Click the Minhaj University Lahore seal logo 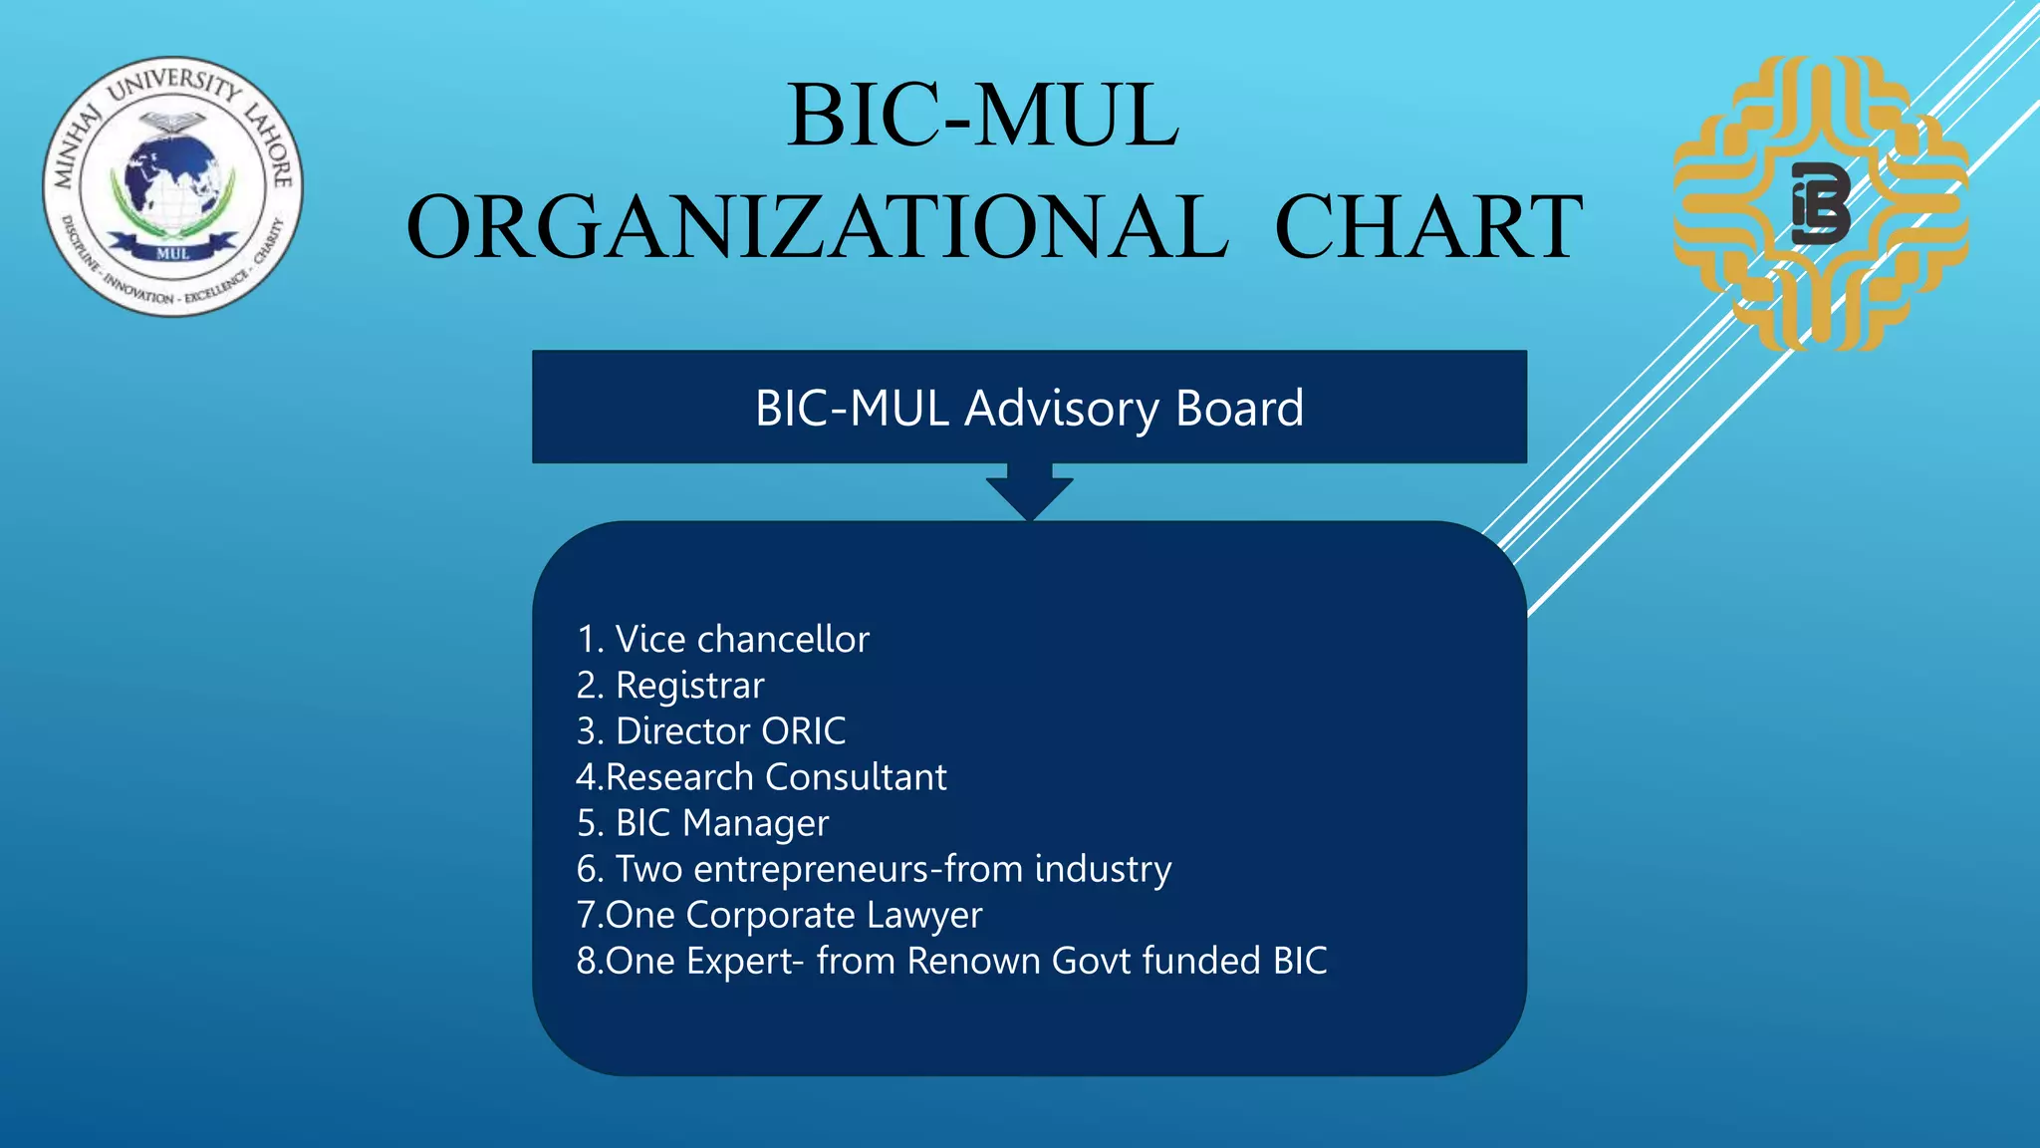pyautogui.click(x=173, y=186)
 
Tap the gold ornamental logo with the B pyautogui.click(x=1821, y=203)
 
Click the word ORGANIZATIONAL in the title pyautogui.click(x=817, y=227)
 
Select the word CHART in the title pyautogui.click(x=1428, y=227)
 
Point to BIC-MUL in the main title pyautogui.click(x=983, y=116)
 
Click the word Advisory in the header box pyautogui.click(x=1062, y=408)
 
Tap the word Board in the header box pyautogui.click(x=1239, y=408)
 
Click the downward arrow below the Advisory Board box pyautogui.click(x=1029, y=492)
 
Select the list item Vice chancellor pyautogui.click(x=723, y=639)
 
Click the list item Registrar pyautogui.click(x=670, y=686)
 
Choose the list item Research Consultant pyautogui.click(x=762, y=777)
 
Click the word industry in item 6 pyautogui.click(x=1103, y=869)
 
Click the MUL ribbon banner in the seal pyautogui.click(x=172, y=252)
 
